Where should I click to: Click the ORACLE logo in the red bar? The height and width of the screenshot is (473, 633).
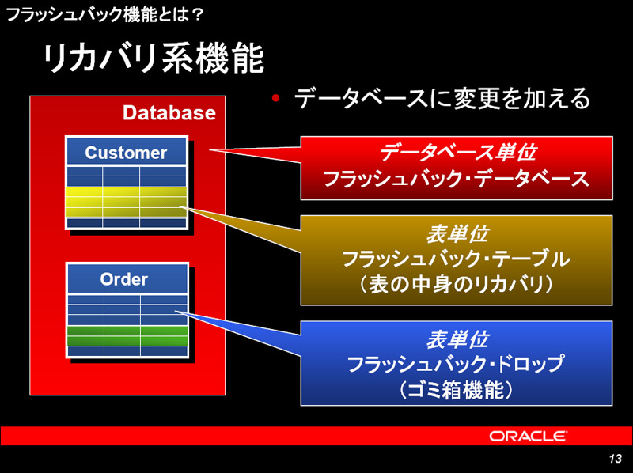pos(528,437)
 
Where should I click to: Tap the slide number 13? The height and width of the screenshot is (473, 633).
pos(616,459)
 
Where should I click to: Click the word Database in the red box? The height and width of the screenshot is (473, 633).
pos(169,112)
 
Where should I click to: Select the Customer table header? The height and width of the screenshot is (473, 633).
pos(127,152)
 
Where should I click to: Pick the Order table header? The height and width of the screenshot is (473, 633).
pos(127,278)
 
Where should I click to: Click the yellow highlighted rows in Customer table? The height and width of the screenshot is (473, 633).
pos(126,202)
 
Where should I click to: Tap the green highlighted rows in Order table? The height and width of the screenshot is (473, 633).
pos(127,336)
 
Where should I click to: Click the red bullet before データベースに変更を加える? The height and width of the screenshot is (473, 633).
pos(275,98)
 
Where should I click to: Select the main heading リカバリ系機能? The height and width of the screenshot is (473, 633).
pos(153,59)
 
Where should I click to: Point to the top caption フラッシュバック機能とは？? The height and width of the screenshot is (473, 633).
pos(104,15)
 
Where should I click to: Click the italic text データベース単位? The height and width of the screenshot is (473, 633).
pos(458,153)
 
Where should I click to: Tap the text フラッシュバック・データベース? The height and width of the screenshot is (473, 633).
pos(457,179)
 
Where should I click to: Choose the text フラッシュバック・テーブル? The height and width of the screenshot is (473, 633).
pos(457,259)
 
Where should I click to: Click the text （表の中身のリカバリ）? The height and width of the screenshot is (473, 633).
pos(457,285)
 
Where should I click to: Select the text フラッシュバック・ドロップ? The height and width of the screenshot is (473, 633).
pos(457,364)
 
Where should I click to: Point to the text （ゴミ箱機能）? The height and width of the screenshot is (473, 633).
pos(457,390)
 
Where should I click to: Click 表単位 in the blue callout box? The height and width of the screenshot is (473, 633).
pos(457,339)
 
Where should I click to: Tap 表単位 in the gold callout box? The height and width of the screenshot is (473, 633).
pos(457,234)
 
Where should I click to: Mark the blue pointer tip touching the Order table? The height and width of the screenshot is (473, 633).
pos(175,311)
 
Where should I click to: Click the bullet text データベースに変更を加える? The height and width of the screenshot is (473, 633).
pos(442,98)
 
